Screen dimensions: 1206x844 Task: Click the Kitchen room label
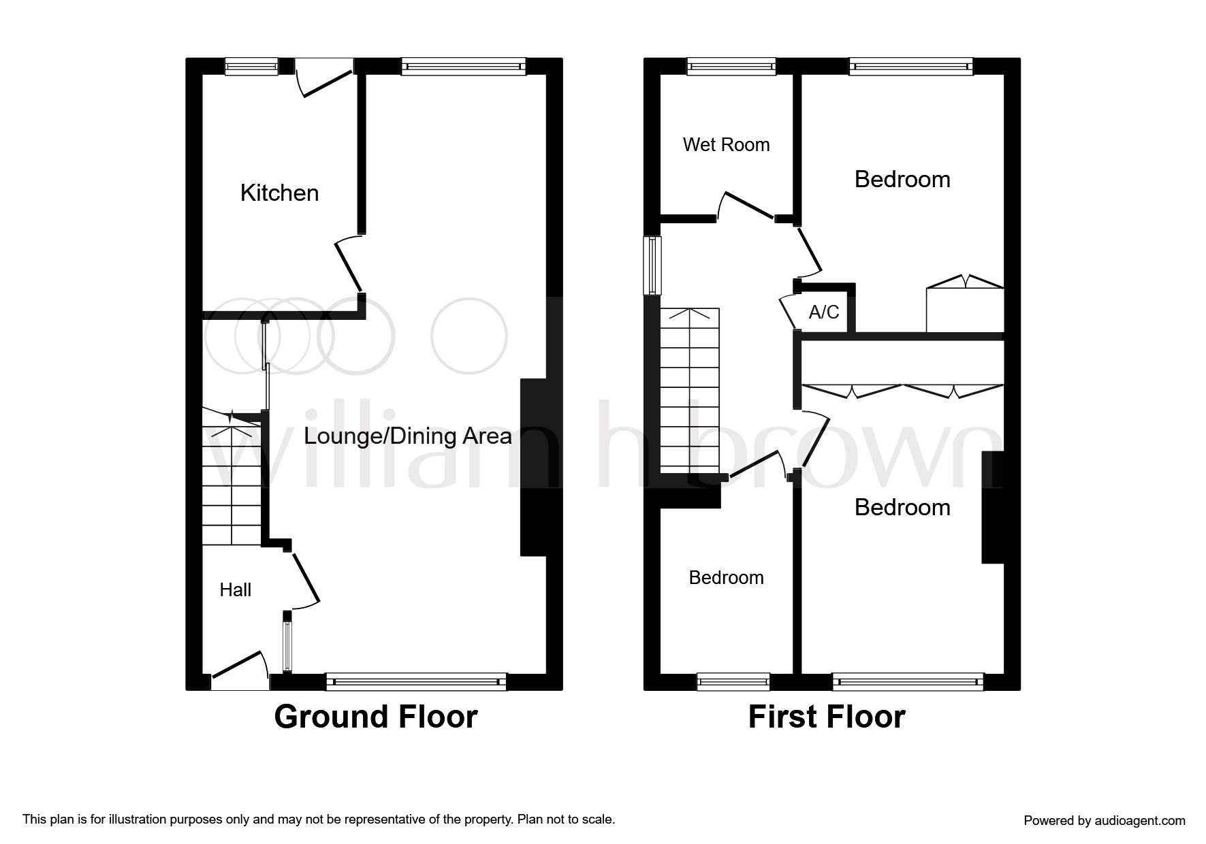279,193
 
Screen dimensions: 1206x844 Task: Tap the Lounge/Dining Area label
407,436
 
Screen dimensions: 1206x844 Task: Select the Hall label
235,589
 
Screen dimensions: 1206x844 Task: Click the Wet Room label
726,144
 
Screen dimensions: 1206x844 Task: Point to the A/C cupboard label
824,312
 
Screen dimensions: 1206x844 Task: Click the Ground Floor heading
376,717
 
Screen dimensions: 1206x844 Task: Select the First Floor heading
827,717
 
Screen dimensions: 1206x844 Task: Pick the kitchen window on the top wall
251,66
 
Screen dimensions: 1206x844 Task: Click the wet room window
731,66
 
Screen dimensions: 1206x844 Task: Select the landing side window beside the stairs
653,265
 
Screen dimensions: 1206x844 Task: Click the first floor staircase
690,391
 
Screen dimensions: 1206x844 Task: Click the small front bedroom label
726,577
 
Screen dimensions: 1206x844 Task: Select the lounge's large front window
416,681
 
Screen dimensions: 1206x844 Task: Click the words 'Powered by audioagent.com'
1105,821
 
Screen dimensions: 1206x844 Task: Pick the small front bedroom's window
733,681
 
